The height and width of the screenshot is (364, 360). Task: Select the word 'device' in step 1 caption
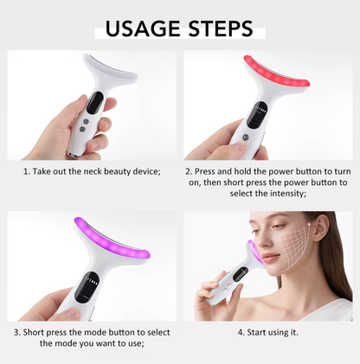pyautogui.click(x=143, y=171)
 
